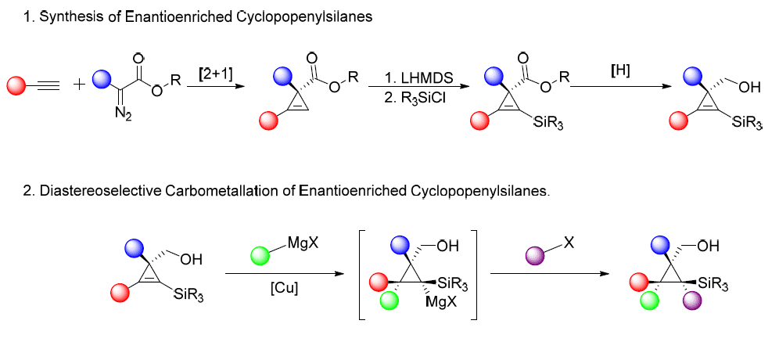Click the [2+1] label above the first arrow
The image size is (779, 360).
coord(216,75)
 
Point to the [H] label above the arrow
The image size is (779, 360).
coord(620,71)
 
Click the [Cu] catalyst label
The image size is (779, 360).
coord(284,289)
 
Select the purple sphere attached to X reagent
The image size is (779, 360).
coord(535,257)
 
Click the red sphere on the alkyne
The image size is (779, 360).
coord(16,85)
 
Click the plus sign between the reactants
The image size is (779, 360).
coord(79,85)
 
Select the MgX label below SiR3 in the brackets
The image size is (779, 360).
coord(441,302)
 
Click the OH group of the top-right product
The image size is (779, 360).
coord(750,88)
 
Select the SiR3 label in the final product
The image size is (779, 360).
coord(713,285)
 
